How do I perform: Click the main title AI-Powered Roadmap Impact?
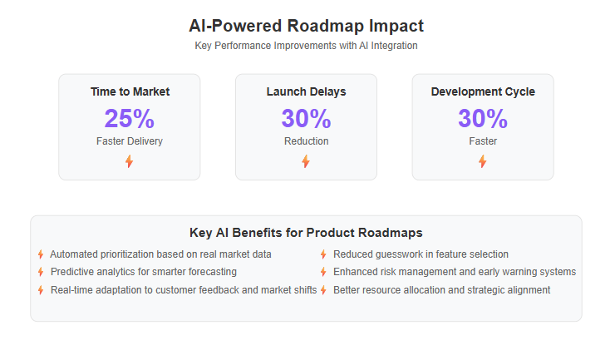pyautogui.click(x=306, y=26)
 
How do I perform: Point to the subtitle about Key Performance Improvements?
pyautogui.click(x=306, y=46)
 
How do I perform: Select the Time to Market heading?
pyautogui.click(x=130, y=91)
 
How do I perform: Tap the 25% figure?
pyautogui.click(x=130, y=118)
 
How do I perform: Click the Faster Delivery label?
pyautogui.click(x=130, y=141)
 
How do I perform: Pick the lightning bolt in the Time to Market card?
pyautogui.click(x=129, y=161)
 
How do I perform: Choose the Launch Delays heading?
pyautogui.click(x=306, y=91)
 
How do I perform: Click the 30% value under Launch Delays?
pyautogui.click(x=306, y=118)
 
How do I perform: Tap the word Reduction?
pyautogui.click(x=306, y=141)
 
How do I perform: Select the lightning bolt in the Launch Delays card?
pyautogui.click(x=306, y=161)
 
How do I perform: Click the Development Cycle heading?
pyautogui.click(x=483, y=91)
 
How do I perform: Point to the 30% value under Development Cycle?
pyautogui.click(x=483, y=118)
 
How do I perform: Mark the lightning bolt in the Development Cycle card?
pyautogui.click(x=482, y=161)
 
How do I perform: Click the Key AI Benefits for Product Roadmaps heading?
pyautogui.click(x=306, y=233)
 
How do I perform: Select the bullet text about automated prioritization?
pyautogui.click(x=160, y=254)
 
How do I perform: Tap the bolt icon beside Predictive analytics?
pyautogui.click(x=41, y=272)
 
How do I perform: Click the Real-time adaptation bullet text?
pyautogui.click(x=184, y=290)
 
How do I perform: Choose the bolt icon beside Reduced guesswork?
pyautogui.click(x=323, y=254)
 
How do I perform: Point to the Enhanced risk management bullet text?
pyautogui.click(x=455, y=272)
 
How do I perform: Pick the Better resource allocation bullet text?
pyautogui.click(x=442, y=290)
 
